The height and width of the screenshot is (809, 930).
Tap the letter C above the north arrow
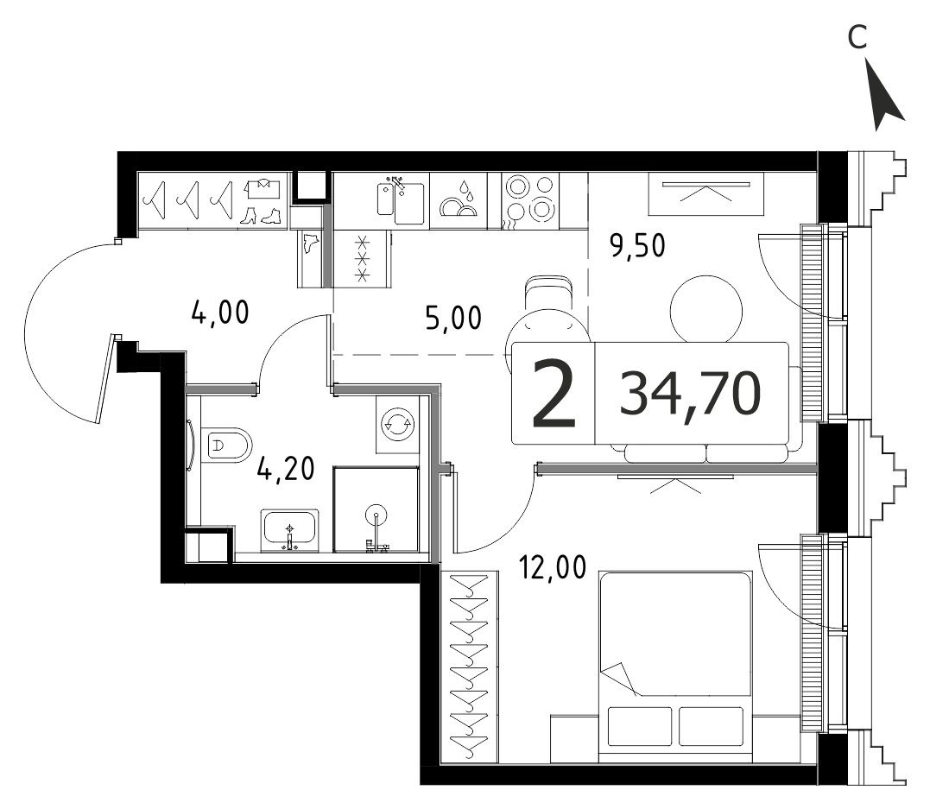[x=857, y=37]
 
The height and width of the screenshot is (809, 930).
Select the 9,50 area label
[x=637, y=245]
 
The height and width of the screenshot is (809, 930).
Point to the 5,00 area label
[x=453, y=318]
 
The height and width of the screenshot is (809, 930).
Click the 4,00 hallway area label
[x=220, y=313]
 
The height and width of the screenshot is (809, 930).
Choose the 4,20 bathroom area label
[x=286, y=469]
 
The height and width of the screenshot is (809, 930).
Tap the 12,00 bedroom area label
[x=553, y=567]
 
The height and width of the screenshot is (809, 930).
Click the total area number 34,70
[x=691, y=393]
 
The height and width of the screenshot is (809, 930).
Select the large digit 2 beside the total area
[x=554, y=395]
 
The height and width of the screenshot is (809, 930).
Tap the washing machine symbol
[x=397, y=423]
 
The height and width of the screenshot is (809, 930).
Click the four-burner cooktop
[x=529, y=200]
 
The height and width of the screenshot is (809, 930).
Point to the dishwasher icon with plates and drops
[x=458, y=200]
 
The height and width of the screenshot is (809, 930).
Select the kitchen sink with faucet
[x=401, y=200]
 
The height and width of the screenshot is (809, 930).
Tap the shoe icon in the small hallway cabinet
[x=310, y=243]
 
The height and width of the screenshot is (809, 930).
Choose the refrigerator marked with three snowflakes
[x=362, y=259]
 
